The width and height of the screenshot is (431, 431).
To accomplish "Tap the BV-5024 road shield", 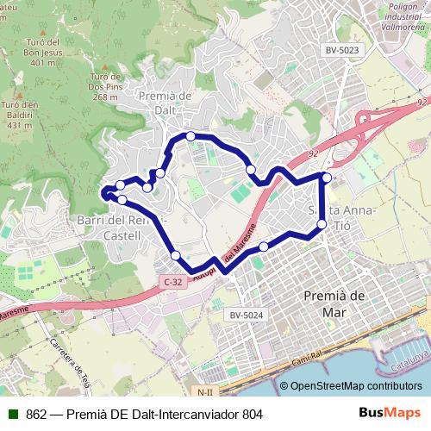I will coord(246,315).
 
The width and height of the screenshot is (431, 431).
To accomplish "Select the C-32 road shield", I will coord(172,282).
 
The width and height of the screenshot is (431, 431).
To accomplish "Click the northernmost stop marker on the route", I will coord(190,136).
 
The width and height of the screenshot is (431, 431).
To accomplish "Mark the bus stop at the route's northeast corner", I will coord(327,178).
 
